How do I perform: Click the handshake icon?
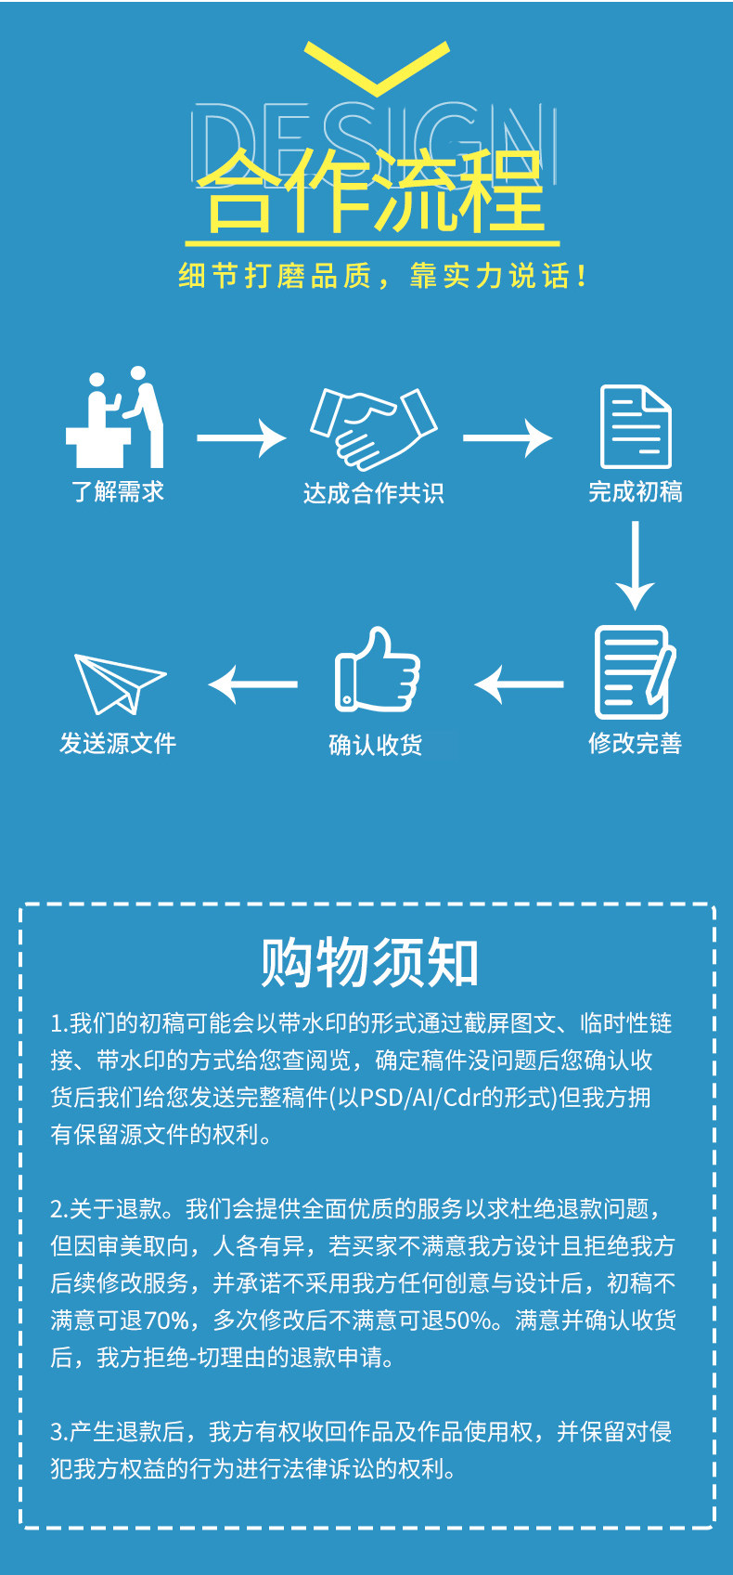[373, 428]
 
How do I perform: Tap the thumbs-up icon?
[377, 670]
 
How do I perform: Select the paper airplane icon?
[118, 683]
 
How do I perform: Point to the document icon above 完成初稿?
[636, 427]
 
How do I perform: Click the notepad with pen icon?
[635, 672]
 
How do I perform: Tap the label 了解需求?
[118, 491]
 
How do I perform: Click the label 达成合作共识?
[373, 493]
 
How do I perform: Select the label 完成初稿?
[636, 491]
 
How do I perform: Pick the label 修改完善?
[636, 743]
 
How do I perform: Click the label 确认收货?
[376, 745]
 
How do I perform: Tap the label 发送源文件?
[118, 743]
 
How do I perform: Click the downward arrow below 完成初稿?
[636, 565]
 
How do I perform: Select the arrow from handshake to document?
[508, 437]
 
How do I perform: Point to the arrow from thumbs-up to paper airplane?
[252, 684]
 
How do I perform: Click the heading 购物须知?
[368, 962]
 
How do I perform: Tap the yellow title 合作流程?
[370, 193]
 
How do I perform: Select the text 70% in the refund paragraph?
[167, 1320]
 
